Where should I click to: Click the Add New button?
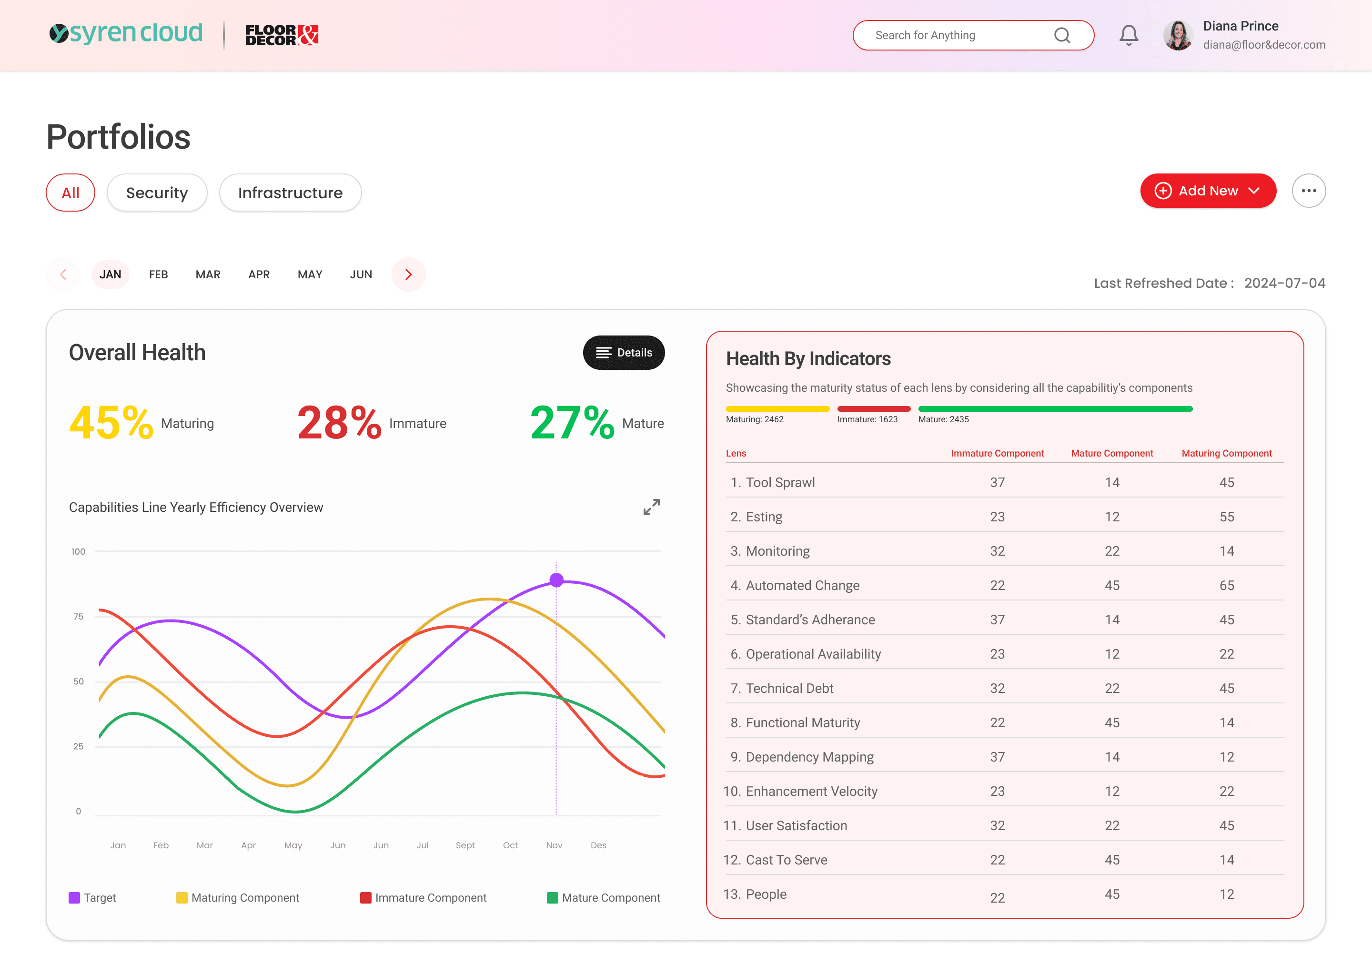click(1208, 191)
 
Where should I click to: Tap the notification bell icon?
click(1129, 35)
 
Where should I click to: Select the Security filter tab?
click(157, 193)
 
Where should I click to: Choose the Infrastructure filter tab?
click(290, 193)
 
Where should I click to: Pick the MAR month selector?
click(208, 274)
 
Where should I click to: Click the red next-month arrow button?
click(408, 274)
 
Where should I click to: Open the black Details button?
click(624, 353)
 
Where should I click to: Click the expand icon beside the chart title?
click(651, 507)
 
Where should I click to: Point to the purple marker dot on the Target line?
click(556, 580)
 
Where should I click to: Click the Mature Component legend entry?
click(603, 898)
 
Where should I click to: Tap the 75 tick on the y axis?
click(79, 617)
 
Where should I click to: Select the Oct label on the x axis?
click(511, 845)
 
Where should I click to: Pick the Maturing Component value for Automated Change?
click(1227, 585)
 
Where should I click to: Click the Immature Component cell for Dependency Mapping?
click(997, 757)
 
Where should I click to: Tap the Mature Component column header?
click(1112, 453)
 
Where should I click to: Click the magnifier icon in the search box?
click(1062, 35)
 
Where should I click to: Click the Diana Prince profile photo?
click(1178, 35)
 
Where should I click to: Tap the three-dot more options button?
click(1309, 191)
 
